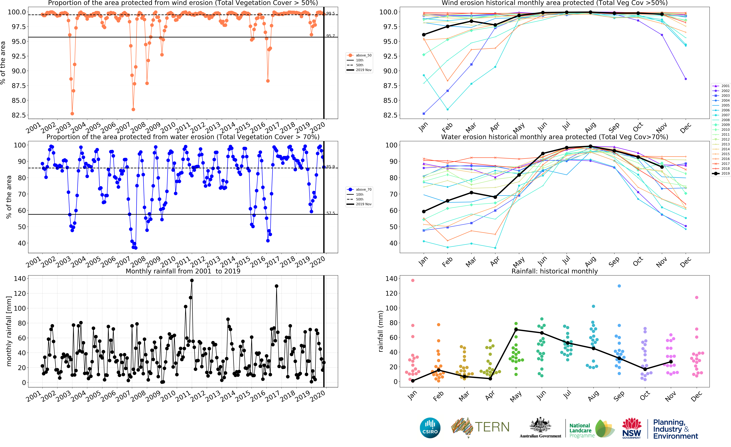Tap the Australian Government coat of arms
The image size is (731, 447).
(x=540, y=425)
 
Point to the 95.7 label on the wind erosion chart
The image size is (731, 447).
(x=331, y=36)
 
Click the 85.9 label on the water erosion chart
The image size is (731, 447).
(x=331, y=167)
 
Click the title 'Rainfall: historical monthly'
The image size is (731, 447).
(x=554, y=271)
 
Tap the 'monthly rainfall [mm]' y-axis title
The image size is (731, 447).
(x=9, y=331)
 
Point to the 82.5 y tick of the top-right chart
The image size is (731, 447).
(x=390, y=115)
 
